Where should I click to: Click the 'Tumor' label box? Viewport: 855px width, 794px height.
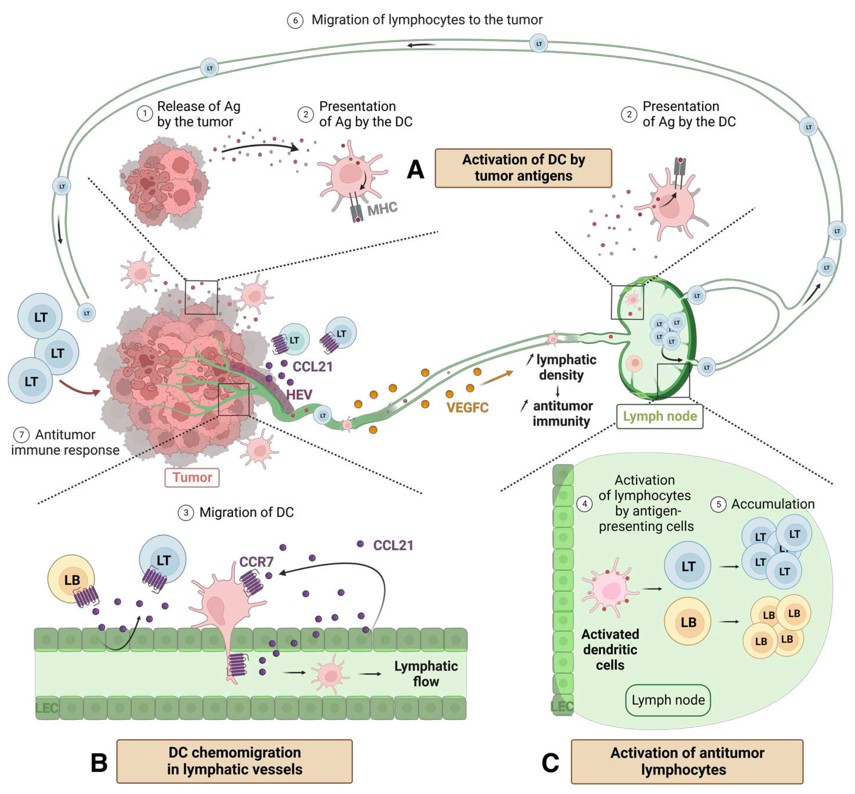[192, 477]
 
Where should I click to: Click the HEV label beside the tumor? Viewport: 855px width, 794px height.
[299, 394]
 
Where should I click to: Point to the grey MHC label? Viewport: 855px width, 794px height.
[382, 209]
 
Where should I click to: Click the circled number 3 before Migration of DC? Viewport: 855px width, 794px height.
[186, 513]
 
